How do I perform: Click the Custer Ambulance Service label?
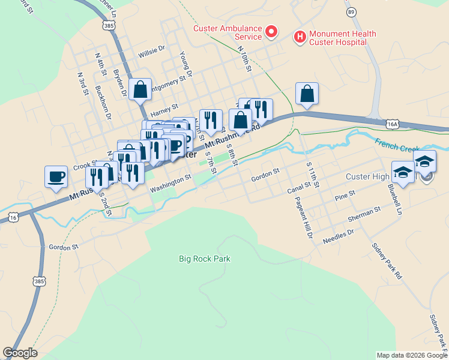tap(227, 32)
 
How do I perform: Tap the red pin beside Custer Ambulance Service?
tap(271, 31)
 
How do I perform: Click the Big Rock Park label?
tap(205, 259)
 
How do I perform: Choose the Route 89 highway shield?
tap(351, 12)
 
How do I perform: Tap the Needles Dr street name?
tap(339, 234)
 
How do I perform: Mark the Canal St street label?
tap(299, 189)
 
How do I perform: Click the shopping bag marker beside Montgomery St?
tap(140, 91)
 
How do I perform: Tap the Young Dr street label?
tap(185, 64)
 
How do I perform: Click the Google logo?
tap(20, 353)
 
